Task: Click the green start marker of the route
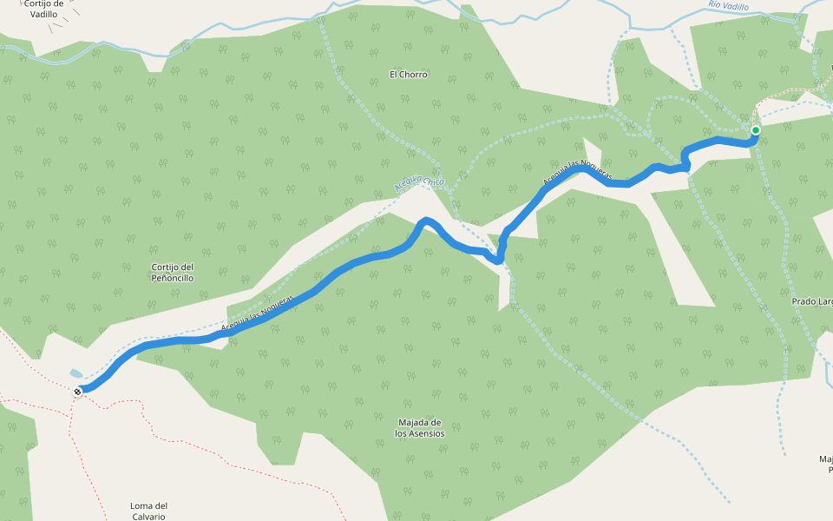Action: click(755, 130)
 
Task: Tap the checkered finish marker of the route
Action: click(79, 392)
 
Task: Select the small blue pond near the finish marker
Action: click(76, 373)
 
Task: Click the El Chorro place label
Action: click(408, 75)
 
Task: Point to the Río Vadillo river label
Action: click(727, 7)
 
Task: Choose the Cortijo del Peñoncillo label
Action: click(170, 273)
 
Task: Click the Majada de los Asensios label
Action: click(419, 427)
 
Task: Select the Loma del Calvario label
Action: click(148, 511)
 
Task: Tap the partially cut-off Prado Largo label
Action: click(813, 301)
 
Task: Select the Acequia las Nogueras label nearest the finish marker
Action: click(259, 313)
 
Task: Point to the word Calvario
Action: click(148, 517)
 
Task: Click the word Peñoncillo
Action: click(170, 278)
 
